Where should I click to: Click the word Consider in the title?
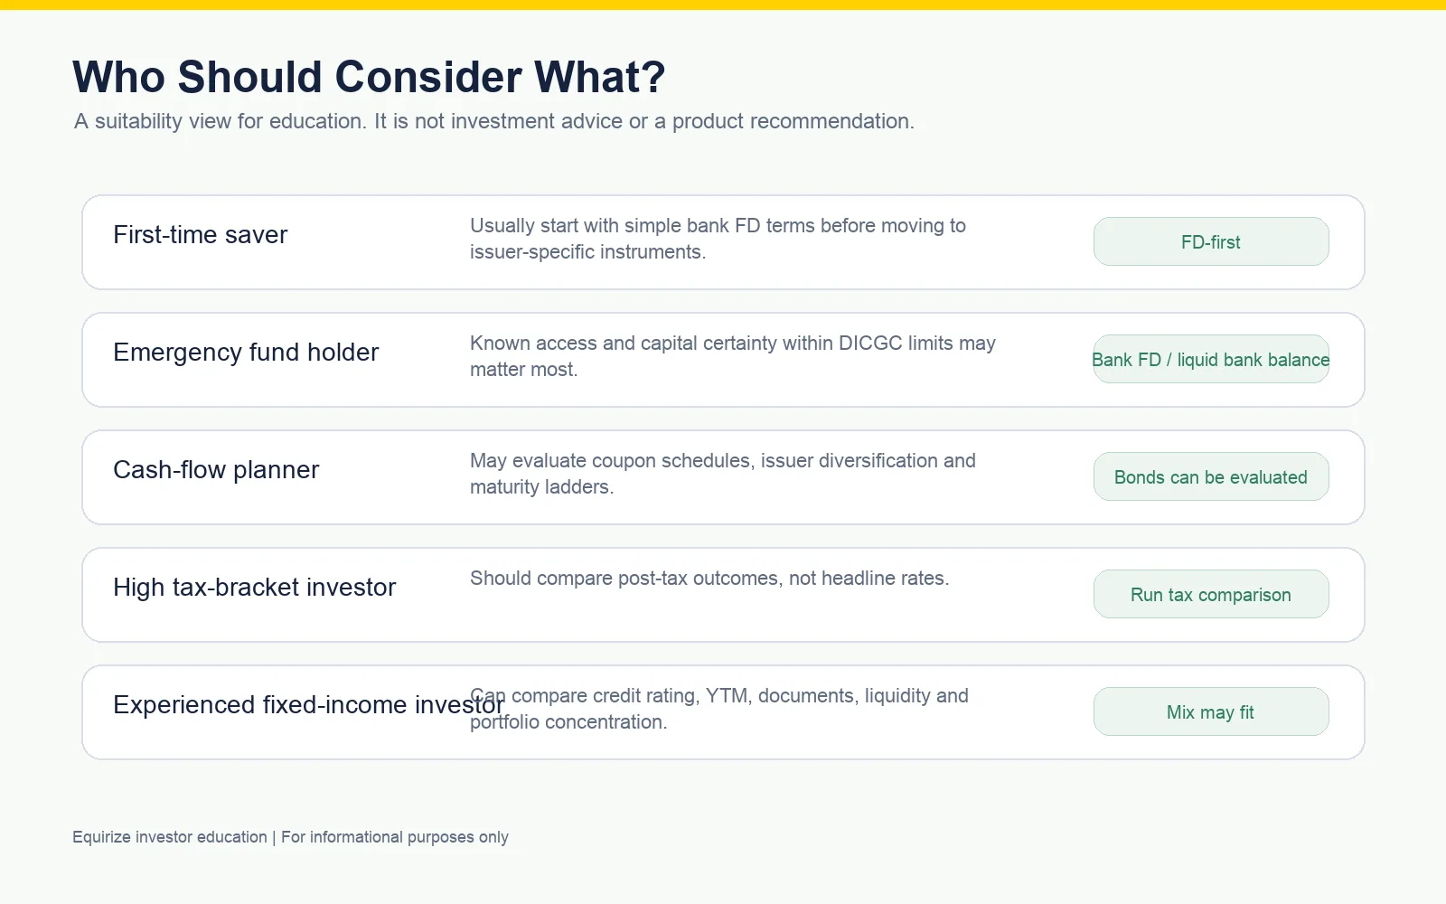428,77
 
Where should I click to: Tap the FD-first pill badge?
1211,241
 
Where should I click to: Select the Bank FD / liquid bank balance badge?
1211,359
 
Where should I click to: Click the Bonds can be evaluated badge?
1211,476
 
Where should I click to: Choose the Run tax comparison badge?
1211,594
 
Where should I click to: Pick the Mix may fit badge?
1211,711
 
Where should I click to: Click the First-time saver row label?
200,234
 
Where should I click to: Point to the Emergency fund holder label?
246,352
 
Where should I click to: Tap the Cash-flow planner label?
216,469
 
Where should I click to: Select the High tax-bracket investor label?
254,587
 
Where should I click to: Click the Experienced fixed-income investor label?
308,704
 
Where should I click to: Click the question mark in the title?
654,77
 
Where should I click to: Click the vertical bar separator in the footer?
274,837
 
